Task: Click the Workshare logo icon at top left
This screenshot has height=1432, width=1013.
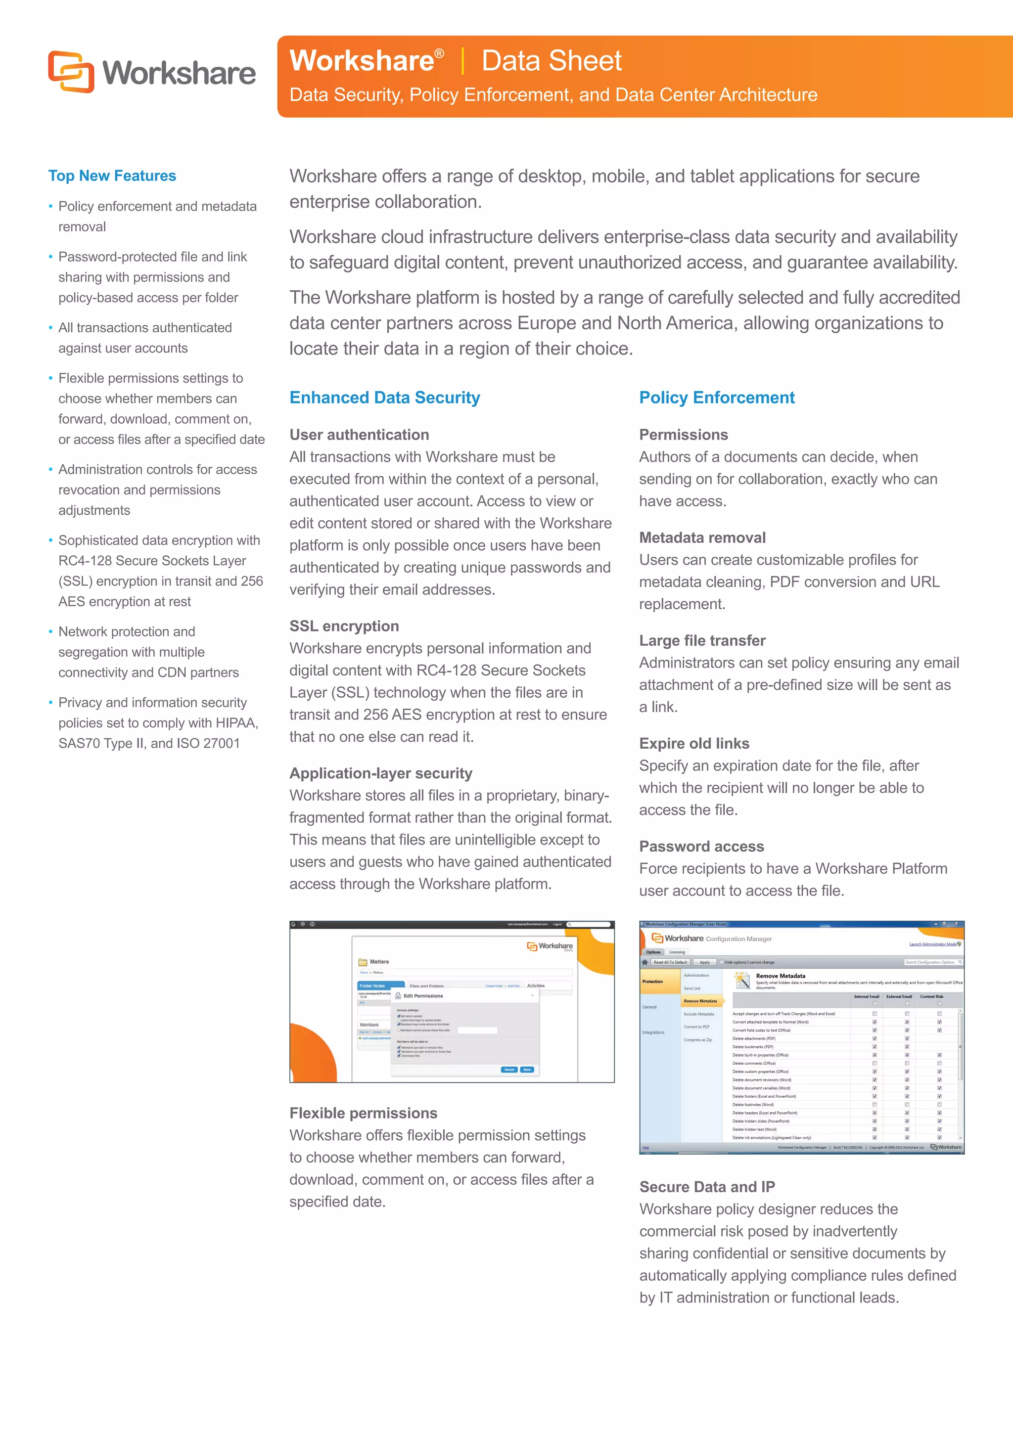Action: click(x=71, y=72)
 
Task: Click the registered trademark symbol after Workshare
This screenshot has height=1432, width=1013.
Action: click(x=439, y=53)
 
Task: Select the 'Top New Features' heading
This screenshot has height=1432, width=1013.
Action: click(x=112, y=176)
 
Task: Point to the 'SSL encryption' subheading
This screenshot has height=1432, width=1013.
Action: click(x=344, y=626)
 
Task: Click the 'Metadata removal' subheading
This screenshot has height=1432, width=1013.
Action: click(x=702, y=537)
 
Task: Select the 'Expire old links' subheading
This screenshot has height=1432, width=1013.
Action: click(x=693, y=743)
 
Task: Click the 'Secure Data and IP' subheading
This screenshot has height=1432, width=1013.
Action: click(x=707, y=1186)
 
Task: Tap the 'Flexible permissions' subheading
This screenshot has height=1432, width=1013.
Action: click(x=363, y=1113)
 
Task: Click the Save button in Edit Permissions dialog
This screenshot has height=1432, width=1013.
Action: click(x=527, y=1069)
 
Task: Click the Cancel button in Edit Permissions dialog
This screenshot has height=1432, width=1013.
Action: click(x=509, y=1069)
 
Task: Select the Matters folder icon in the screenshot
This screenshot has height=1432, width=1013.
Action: click(x=363, y=962)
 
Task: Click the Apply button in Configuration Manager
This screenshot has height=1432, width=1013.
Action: click(x=704, y=962)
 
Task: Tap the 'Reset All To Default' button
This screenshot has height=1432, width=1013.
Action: click(x=670, y=962)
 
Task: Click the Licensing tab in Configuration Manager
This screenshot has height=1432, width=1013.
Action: click(x=677, y=952)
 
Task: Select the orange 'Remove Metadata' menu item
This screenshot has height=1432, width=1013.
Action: click(x=700, y=1000)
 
